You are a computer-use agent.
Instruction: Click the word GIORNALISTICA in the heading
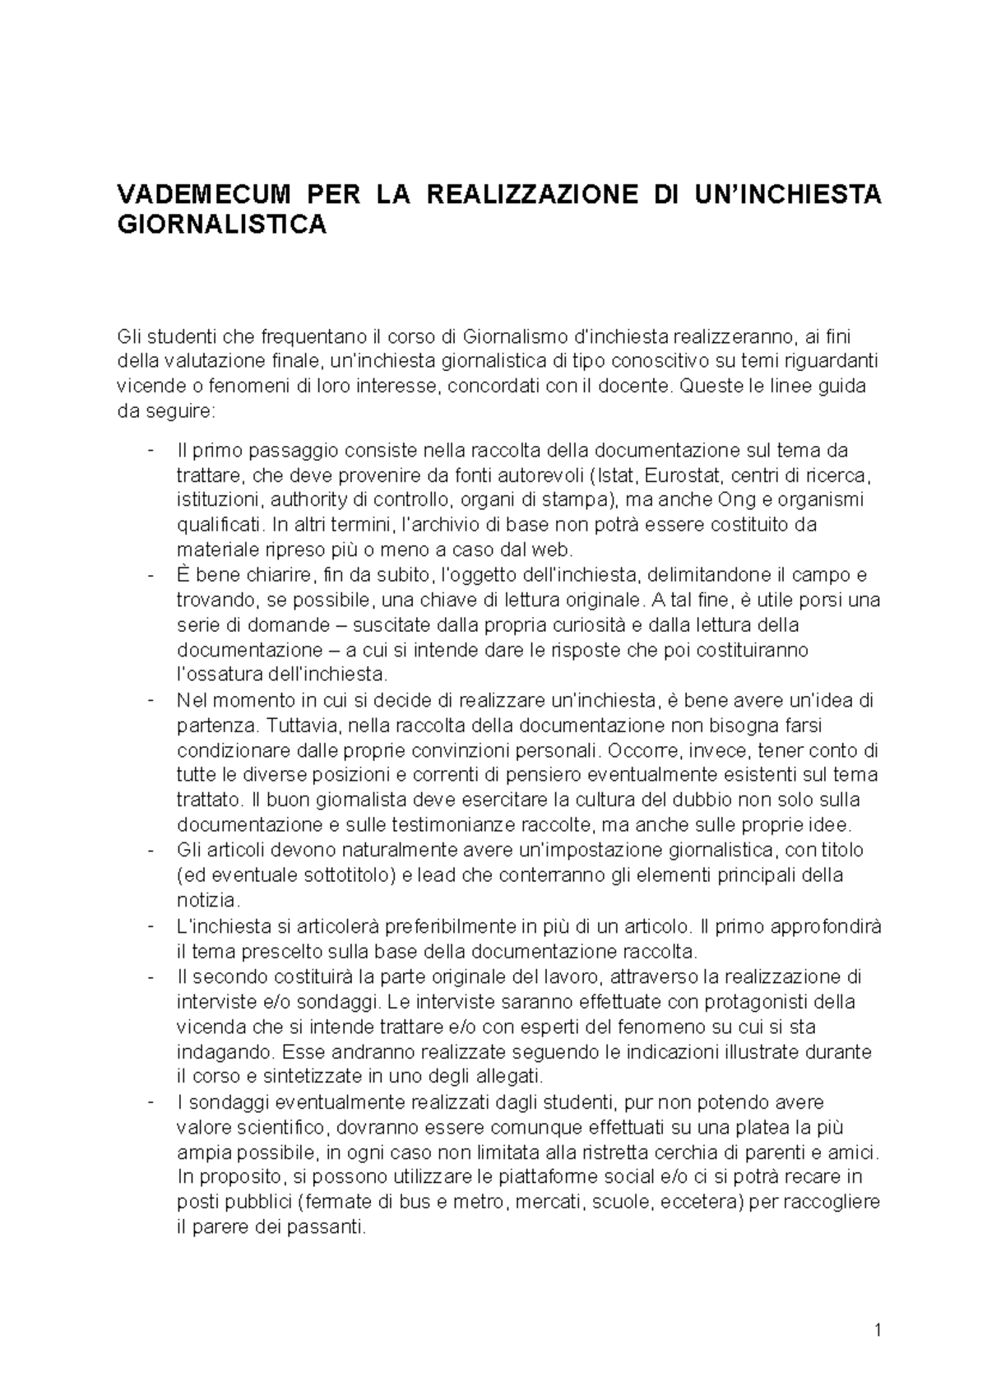pos(221,225)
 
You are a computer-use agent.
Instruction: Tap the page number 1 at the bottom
pos(877,1329)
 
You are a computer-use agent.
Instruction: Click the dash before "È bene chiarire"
pos(150,574)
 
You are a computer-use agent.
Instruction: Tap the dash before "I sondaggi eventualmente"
pos(150,1101)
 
